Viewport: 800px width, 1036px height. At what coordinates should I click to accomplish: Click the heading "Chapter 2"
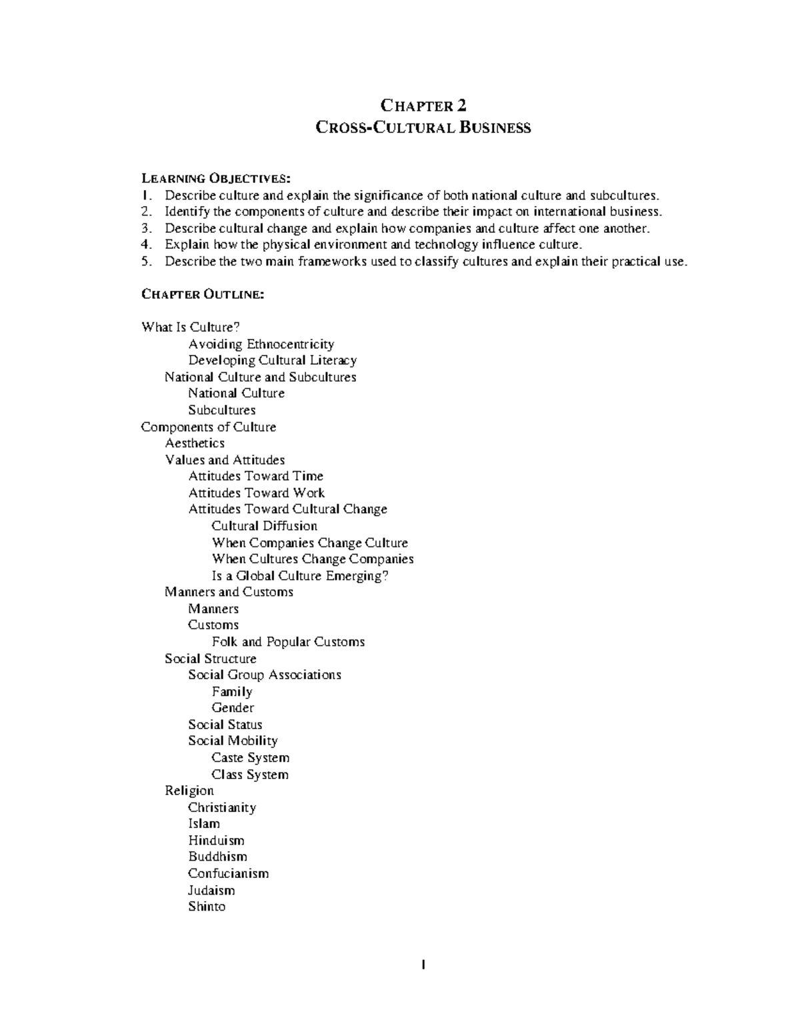(423, 105)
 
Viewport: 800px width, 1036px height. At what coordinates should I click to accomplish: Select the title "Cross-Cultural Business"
(423, 127)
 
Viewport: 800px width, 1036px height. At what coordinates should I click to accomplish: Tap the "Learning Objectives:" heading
(216, 178)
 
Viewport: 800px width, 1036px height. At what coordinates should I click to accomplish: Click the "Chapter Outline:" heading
(203, 294)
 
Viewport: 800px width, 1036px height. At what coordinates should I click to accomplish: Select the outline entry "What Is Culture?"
(190, 328)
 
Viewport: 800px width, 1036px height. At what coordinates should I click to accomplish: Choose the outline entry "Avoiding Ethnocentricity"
(261, 344)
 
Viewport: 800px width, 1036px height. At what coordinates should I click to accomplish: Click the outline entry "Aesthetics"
(195, 443)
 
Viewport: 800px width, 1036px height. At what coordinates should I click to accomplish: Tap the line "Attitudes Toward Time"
(255, 476)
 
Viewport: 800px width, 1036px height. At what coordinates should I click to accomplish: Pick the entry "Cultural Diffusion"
(264, 526)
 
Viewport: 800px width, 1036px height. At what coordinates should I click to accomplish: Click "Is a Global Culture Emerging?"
(299, 576)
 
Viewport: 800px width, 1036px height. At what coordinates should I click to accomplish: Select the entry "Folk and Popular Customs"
(288, 642)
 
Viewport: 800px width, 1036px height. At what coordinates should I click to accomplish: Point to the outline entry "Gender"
(233, 708)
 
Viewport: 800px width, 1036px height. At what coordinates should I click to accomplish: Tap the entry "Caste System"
(250, 758)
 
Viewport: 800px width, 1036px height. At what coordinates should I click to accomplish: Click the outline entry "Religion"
(189, 791)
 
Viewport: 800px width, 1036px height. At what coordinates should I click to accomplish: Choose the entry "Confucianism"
(228, 873)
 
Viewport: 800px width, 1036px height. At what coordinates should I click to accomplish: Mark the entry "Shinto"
(207, 907)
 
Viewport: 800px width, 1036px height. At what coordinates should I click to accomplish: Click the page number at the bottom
(423, 965)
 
